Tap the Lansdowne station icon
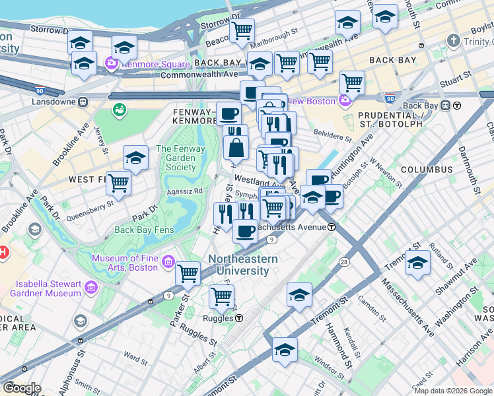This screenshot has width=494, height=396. pos(83,102)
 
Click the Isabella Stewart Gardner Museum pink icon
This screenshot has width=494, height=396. pos(90,288)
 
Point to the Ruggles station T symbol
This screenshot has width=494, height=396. pos(239,318)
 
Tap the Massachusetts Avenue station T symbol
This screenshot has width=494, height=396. pos(332,227)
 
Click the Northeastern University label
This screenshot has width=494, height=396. pos(243,265)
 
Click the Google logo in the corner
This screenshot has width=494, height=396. pos(21,388)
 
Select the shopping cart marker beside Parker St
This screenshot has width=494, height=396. pos(188,272)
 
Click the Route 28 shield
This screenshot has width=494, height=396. pos(345,263)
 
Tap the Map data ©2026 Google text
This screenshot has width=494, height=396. pos(452,391)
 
